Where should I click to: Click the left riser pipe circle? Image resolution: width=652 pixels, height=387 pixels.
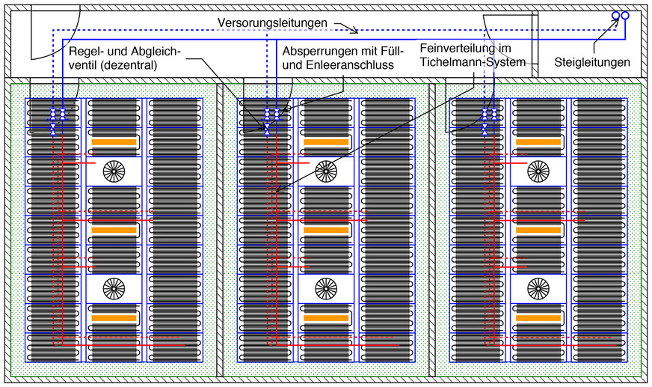[x=615, y=16]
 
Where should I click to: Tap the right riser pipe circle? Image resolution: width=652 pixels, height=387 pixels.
[x=625, y=16]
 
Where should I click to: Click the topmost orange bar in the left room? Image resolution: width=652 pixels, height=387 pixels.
[x=114, y=141]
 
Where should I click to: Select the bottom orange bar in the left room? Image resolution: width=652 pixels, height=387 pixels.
[x=114, y=318]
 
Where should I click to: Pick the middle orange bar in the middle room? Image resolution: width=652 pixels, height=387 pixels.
[x=325, y=230]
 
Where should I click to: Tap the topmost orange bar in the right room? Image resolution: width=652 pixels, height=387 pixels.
[x=537, y=141]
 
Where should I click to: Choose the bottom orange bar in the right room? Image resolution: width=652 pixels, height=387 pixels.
[x=537, y=318]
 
